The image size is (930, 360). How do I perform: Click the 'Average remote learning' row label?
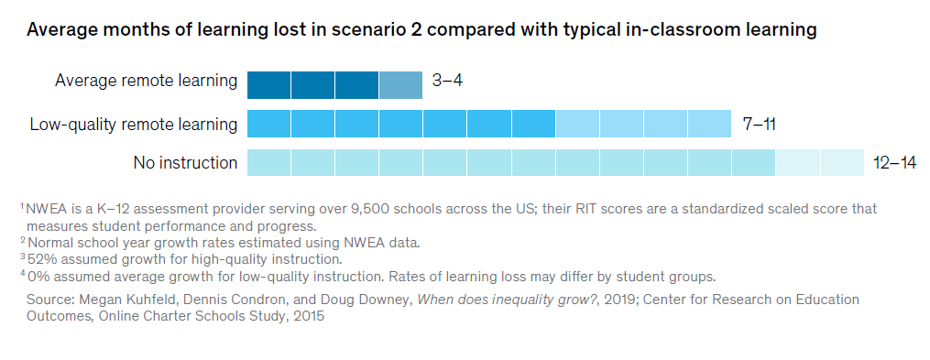[x=146, y=81]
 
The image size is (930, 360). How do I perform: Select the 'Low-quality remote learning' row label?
[x=133, y=124]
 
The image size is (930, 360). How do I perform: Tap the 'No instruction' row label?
[x=185, y=163]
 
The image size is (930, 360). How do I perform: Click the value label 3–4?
[x=447, y=81]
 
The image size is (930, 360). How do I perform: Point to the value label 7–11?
[x=759, y=124]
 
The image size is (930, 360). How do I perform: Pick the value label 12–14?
[x=894, y=163]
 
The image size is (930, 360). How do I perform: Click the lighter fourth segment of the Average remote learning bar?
[x=400, y=84]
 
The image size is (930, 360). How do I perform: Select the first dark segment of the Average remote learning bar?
[x=268, y=84]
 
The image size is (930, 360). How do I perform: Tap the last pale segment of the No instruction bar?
[x=842, y=163]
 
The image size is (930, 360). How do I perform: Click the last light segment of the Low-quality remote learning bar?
[x=709, y=124]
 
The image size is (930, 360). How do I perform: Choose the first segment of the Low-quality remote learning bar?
[x=268, y=124]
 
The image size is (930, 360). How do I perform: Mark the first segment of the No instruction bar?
[x=268, y=163]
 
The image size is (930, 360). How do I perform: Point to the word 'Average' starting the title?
[x=60, y=29]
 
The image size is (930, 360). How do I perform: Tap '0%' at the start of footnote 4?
[x=38, y=276]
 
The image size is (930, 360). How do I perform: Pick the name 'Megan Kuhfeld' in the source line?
[x=121, y=300]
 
